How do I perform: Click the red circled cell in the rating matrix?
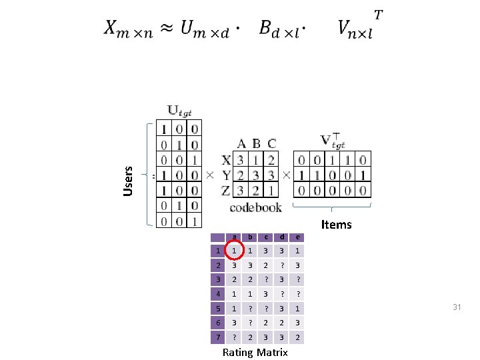233,251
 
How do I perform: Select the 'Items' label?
336,225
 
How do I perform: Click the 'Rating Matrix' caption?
255,352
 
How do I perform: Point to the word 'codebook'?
255,207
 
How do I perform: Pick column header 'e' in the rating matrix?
298,237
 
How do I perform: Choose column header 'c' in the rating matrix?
266,237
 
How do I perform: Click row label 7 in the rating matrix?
217,337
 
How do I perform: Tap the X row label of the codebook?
226,160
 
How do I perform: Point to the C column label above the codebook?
272,143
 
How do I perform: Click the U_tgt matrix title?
179,111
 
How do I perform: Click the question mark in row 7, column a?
233,337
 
